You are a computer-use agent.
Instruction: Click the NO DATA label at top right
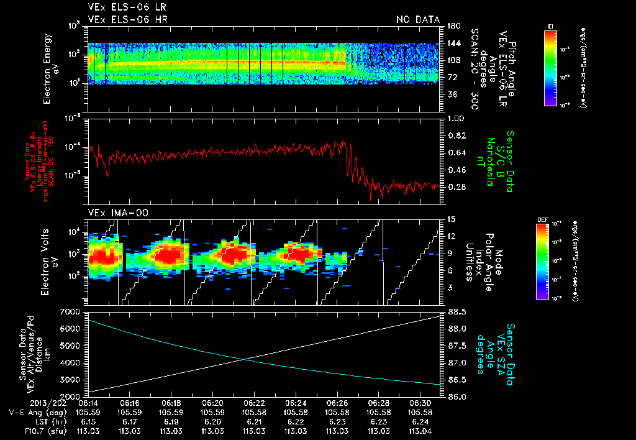[417, 20]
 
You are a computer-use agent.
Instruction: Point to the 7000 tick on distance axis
[73, 311]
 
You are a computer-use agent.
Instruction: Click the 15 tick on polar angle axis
[452, 219]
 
